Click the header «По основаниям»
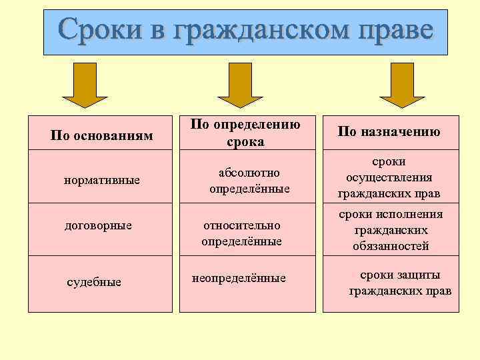pyautogui.click(x=102, y=135)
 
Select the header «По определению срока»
pyautogui.click(x=245, y=133)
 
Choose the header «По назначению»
pyautogui.click(x=389, y=131)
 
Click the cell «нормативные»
pyautogui.click(x=101, y=181)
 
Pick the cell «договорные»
pyautogui.click(x=98, y=225)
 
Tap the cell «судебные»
pyautogui.click(x=94, y=282)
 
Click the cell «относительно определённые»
pyautogui.click(x=241, y=233)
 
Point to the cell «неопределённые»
pyautogui.click(x=239, y=277)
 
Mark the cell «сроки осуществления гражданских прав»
pyautogui.click(x=389, y=178)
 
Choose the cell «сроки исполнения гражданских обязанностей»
pyautogui.click(x=391, y=230)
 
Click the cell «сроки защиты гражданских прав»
pyautogui.click(x=400, y=283)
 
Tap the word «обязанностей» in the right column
pyautogui.click(x=391, y=246)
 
